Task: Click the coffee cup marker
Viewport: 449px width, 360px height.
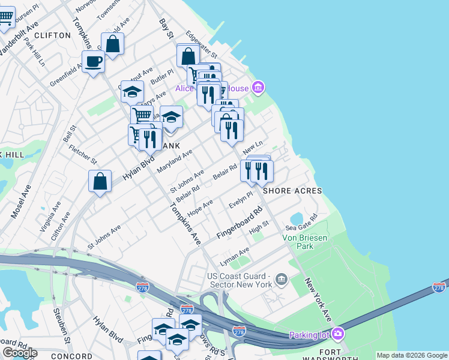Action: point(94,61)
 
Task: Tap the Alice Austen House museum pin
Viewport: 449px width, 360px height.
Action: point(258,88)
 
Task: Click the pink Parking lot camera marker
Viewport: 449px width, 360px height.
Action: point(338,334)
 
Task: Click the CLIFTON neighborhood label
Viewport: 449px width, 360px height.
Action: point(53,35)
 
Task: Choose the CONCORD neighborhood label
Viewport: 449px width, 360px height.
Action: point(72,356)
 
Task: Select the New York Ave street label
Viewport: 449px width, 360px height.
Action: point(318,298)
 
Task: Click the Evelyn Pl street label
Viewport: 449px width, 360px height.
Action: point(241,200)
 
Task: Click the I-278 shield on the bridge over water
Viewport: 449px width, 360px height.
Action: point(439,288)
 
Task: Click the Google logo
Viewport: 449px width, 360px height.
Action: point(20,352)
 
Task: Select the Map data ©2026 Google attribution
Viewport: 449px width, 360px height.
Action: point(412,355)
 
